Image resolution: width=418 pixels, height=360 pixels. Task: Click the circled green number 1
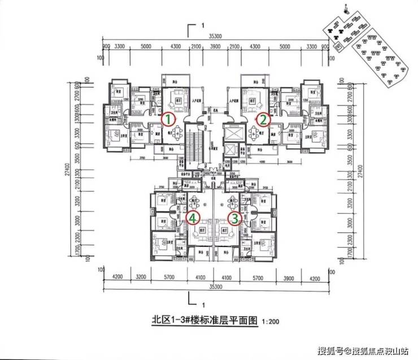click(168, 119)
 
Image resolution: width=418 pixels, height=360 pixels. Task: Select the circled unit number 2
click(263, 119)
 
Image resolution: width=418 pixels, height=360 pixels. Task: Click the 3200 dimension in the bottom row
click(141, 277)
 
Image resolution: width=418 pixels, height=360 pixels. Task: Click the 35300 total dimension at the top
click(215, 36)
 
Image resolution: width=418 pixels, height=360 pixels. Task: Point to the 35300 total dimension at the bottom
click(215, 287)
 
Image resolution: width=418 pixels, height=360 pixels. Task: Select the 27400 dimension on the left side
click(67, 170)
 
